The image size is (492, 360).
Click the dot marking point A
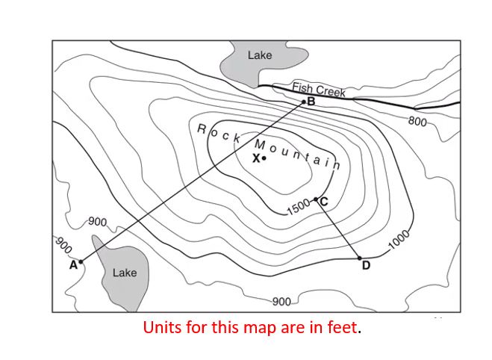click(81, 261)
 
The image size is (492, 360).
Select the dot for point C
click(316, 199)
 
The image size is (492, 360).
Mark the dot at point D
click(360, 258)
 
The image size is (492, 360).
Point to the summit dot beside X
click(264, 158)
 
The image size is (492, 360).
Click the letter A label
click(73, 264)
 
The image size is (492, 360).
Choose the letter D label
click(366, 266)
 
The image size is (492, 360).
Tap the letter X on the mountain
click(256, 158)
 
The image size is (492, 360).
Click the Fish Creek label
click(319, 89)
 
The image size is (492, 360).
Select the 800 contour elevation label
click(417, 120)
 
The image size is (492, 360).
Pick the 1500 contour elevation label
click(298, 207)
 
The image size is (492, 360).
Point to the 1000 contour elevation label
click(400, 240)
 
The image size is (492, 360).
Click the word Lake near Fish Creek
click(260, 55)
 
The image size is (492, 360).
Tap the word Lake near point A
click(125, 273)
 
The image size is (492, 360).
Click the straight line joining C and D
click(337, 228)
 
